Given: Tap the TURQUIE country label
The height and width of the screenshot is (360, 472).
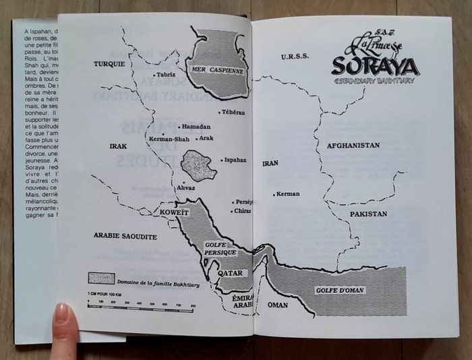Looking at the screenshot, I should coord(109,64).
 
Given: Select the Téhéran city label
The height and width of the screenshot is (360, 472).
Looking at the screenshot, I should coord(232,113).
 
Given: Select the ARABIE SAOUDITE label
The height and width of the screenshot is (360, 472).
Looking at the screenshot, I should coord(125,237).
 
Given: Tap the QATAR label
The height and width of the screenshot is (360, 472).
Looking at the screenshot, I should coord(229,273).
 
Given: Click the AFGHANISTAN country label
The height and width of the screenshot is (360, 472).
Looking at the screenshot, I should coord(353,145).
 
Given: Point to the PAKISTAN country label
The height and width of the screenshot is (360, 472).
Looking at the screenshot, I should coord(367,213).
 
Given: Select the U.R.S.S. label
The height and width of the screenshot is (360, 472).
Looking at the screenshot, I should coord(295,57).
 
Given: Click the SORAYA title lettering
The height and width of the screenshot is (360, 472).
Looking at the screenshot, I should coord(374,65).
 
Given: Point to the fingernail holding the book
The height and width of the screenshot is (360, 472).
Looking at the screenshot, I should coord(63,314).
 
